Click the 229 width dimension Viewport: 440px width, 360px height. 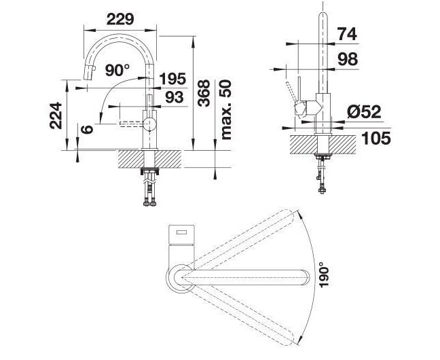coord(120,19)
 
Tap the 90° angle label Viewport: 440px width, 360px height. coord(117,70)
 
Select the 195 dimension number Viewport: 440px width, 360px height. coord(172,79)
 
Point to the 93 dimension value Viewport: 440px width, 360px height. coord(175,97)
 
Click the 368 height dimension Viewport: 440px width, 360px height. coord(204,93)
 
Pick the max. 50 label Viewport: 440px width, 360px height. coord(226,110)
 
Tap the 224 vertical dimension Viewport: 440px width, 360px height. coord(56,115)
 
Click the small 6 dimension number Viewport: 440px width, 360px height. coord(87,130)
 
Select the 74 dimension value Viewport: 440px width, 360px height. coord(347,34)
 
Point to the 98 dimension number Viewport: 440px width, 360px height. coord(348,59)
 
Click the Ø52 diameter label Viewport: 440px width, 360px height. coord(364,112)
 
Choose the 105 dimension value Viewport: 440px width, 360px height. coord(376,138)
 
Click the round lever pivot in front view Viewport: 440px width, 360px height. coord(149,124)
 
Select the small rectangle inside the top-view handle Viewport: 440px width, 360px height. coord(181,232)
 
